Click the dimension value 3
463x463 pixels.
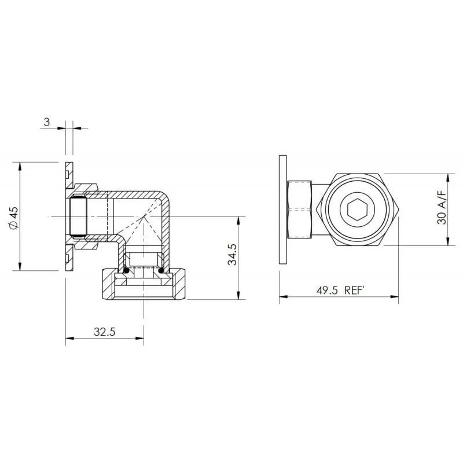[x=47, y=122]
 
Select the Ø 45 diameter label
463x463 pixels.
[x=14, y=217]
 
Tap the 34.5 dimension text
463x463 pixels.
[x=233, y=255]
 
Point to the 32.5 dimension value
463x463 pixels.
[x=105, y=332]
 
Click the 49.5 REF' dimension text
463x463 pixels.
[x=339, y=291]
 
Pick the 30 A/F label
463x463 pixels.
[x=442, y=208]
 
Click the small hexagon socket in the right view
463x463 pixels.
[x=358, y=210]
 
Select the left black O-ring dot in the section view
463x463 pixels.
[x=126, y=270]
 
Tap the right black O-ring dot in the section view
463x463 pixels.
[x=161, y=270]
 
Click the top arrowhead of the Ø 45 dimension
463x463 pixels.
[x=20, y=166]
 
